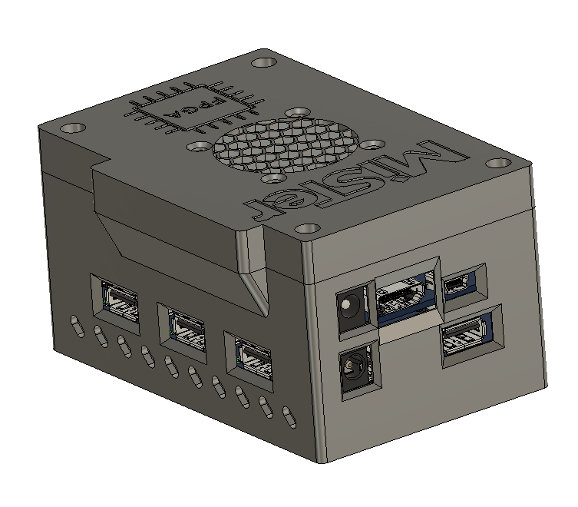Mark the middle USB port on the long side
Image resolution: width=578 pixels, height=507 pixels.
coord(183,328)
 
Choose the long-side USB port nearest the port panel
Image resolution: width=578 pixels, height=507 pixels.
coord(251,356)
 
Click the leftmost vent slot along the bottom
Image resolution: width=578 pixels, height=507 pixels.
coord(74,324)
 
